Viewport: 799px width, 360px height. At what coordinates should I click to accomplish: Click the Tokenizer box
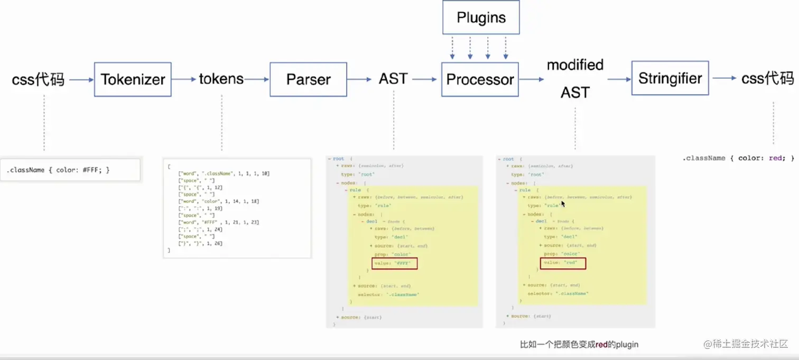133,79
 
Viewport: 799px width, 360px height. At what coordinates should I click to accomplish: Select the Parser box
308,79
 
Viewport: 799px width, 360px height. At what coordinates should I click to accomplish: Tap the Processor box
480,79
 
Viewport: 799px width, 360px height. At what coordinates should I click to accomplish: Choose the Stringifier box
670,78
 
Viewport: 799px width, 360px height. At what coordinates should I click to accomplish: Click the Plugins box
481,17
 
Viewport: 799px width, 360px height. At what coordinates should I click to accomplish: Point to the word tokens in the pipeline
221,79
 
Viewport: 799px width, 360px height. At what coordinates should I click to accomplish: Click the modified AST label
575,79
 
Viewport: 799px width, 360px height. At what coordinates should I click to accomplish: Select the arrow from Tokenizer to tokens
184,80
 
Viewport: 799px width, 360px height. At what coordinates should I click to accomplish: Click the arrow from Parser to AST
360,80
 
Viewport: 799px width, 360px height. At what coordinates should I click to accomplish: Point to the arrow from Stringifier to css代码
724,78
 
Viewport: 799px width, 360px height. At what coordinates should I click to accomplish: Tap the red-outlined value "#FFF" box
394,263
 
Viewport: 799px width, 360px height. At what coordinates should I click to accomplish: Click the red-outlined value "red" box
563,263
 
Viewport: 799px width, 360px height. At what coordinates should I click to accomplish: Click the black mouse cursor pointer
563,204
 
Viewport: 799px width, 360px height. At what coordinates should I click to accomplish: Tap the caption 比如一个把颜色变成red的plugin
579,345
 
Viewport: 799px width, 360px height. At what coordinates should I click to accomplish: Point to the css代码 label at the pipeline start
38,80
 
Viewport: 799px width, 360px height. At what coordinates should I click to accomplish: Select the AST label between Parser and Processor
393,79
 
